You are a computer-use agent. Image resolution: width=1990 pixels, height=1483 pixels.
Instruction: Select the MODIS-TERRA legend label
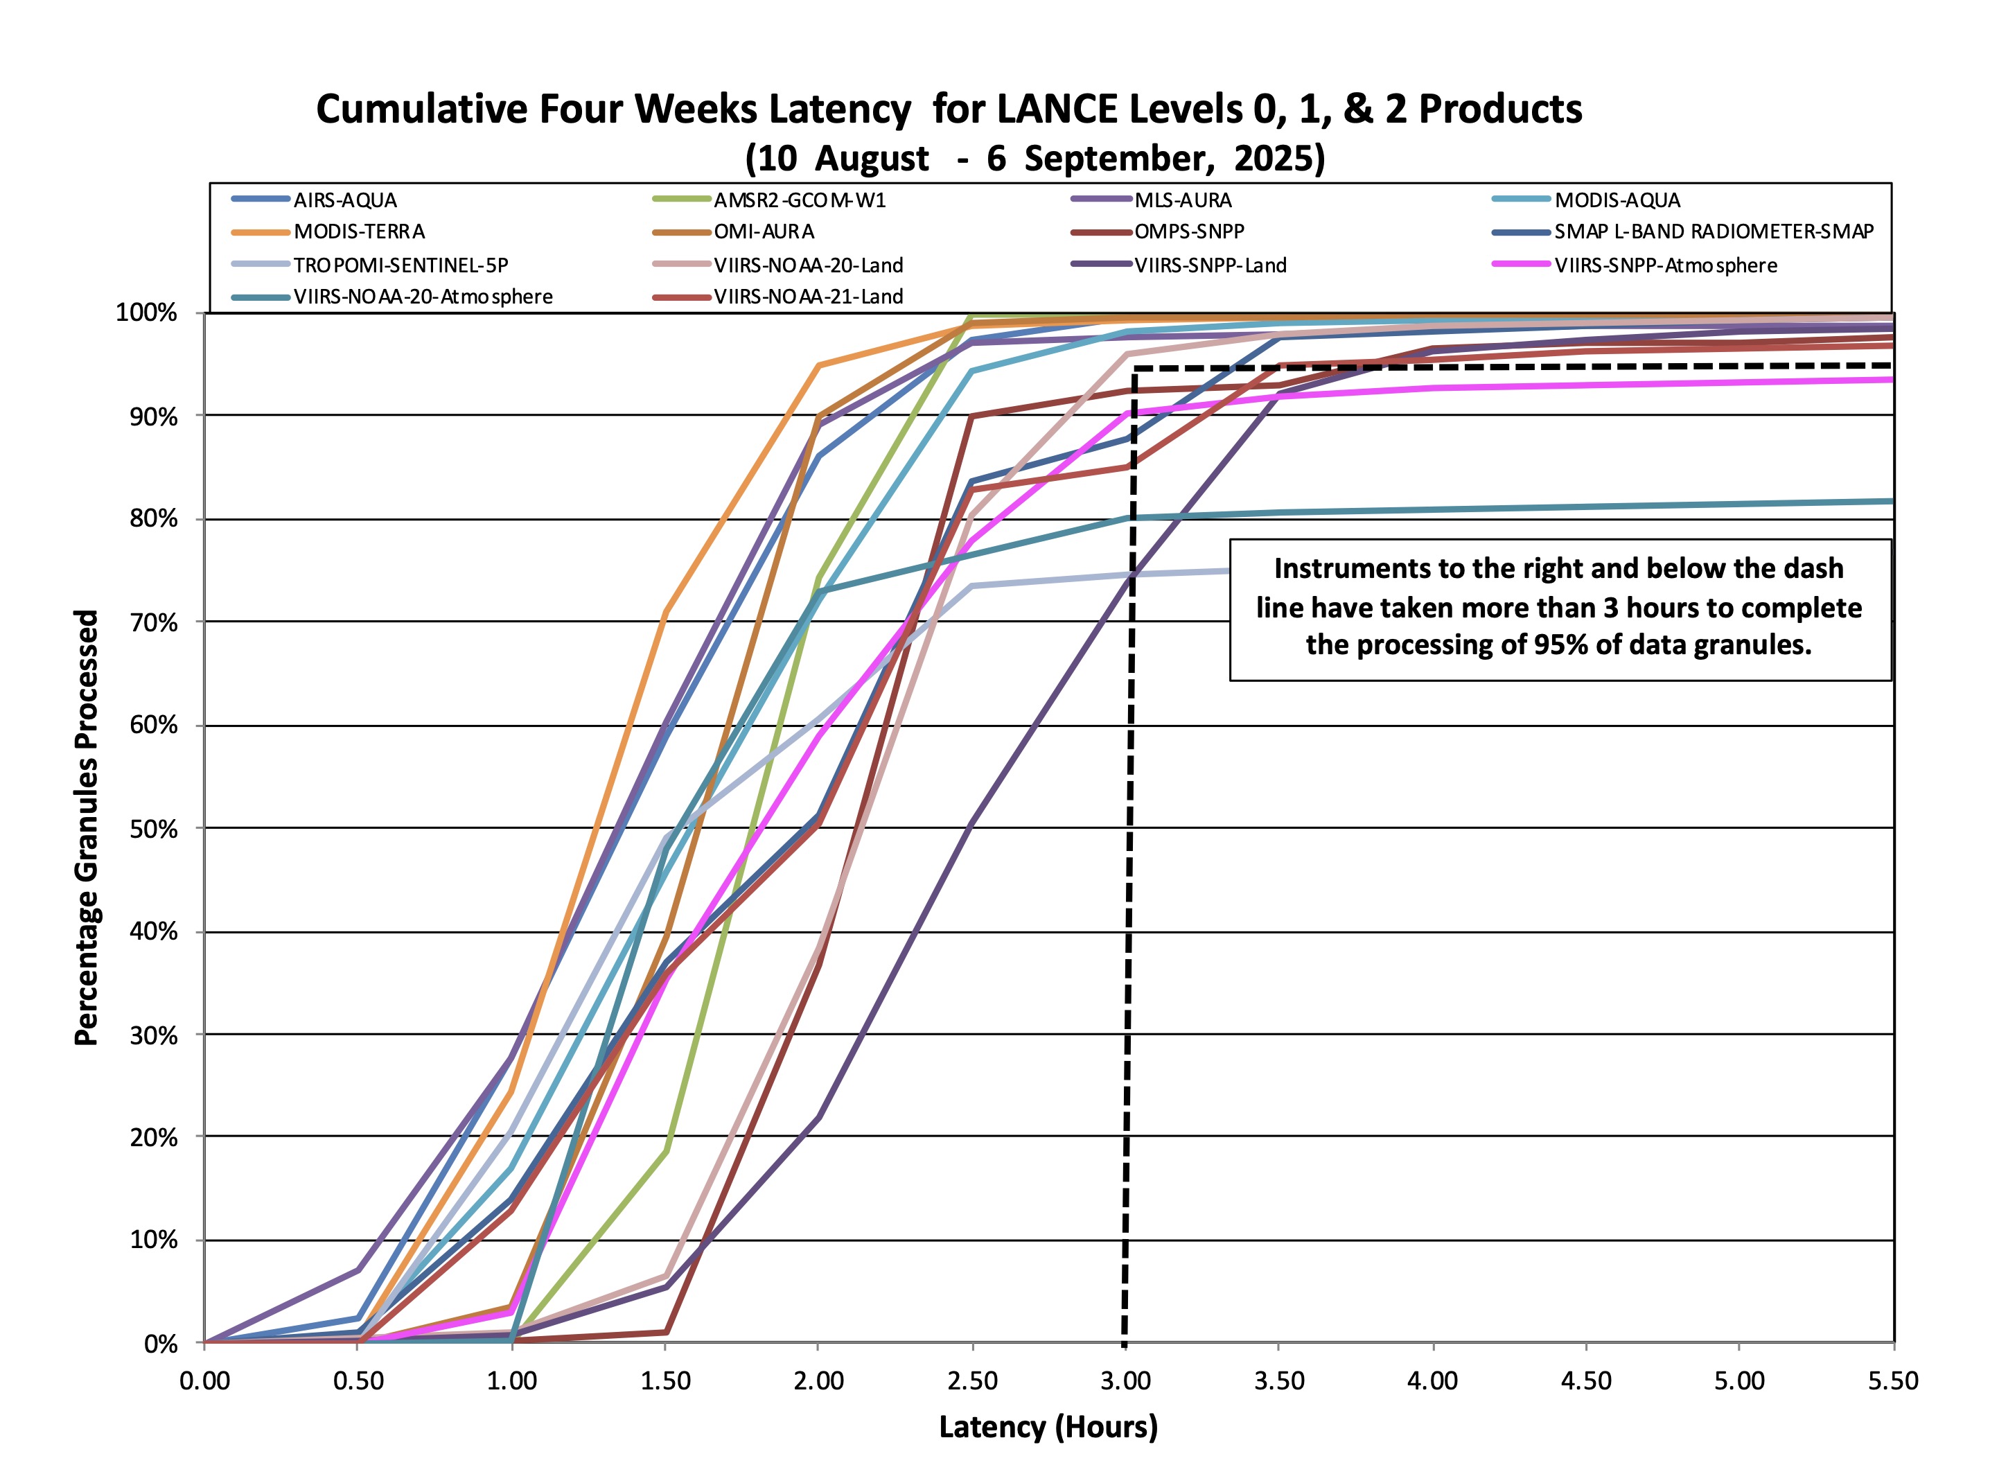tap(359, 231)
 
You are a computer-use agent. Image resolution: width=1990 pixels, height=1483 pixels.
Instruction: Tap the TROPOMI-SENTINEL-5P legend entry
tap(400, 265)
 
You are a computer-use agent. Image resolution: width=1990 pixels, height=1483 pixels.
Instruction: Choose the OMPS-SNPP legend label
tap(1189, 231)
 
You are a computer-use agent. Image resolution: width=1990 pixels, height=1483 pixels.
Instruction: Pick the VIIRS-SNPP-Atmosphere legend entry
tap(1665, 265)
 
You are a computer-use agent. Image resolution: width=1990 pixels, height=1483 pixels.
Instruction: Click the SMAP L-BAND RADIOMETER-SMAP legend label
tap(1714, 231)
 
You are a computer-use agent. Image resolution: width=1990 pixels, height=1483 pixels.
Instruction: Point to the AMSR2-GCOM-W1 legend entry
tap(800, 200)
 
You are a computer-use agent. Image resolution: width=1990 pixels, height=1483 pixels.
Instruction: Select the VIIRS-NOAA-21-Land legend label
tap(808, 296)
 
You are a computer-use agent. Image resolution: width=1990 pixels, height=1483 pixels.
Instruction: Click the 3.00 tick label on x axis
tap(1125, 1380)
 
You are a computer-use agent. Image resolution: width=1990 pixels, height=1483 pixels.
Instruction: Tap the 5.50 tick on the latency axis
tap(1893, 1380)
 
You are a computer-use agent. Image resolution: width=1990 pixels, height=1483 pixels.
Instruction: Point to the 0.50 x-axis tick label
tap(358, 1380)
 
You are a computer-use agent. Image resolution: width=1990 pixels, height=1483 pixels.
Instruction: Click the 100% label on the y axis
tap(146, 313)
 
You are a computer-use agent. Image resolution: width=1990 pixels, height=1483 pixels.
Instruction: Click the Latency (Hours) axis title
tap(1048, 1426)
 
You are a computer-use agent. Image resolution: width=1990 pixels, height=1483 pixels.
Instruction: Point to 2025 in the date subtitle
tap(1277, 158)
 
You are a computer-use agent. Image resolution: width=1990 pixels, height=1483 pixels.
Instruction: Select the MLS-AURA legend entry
tap(1183, 200)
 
